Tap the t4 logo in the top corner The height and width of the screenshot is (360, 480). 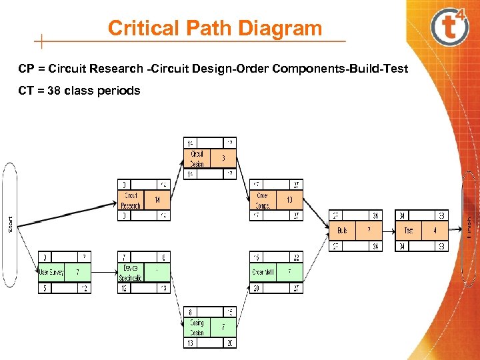tap(450, 27)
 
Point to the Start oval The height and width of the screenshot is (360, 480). tap(10, 224)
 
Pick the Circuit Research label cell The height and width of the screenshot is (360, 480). tap(131, 200)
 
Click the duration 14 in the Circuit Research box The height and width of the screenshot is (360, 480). tap(157, 200)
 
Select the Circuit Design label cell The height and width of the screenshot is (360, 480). tap(197, 159)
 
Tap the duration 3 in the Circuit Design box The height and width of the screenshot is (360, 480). tap(223, 159)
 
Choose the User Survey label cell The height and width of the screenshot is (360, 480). tap(51, 272)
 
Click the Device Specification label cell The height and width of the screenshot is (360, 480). tap(131, 272)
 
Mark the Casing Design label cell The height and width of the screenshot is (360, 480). tap(197, 327)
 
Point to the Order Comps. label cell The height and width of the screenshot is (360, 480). tap(263, 200)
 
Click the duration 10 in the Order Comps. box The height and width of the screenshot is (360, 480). tap(289, 200)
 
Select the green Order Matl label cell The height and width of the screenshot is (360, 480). tap(263, 272)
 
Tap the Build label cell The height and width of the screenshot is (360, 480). tap(342, 230)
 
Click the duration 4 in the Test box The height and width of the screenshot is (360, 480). tap(435, 230)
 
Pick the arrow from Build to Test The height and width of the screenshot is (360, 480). tap(389, 230)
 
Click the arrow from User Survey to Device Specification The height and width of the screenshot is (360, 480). tap(104, 272)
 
